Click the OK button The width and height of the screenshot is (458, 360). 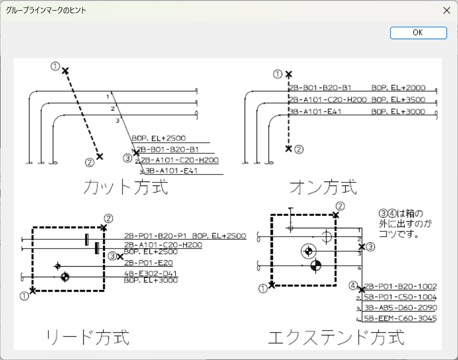click(x=418, y=33)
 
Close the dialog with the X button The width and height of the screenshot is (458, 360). click(x=446, y=10)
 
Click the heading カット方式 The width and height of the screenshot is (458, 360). click(x=126, y=187)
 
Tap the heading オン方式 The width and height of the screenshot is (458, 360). click(x=323, y=187)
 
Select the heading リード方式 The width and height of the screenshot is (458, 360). click(x=88, y=338)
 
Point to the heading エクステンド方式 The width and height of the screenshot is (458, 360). click(x=336, y=338)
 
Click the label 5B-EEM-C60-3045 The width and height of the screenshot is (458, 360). click(x=400, y=318)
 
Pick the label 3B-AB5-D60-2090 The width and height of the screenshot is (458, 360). click(x=400, y=308)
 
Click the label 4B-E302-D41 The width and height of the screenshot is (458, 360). click(x=150, y=273)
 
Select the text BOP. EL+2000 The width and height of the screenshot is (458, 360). click(x=398, y=88)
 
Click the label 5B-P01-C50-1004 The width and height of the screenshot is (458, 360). click(x=400, y=297)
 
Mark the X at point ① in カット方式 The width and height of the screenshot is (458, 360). click(x=65, y=71)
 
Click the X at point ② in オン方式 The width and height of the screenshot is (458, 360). click(x=289, y=149)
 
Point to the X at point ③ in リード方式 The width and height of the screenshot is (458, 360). click(x=120, y=256)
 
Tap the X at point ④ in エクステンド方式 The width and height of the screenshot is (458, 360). click(x=362, y=289)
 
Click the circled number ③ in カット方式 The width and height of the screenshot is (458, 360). click(x=127, y=157)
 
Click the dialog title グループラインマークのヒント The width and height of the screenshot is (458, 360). click(x=46, y=10)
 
